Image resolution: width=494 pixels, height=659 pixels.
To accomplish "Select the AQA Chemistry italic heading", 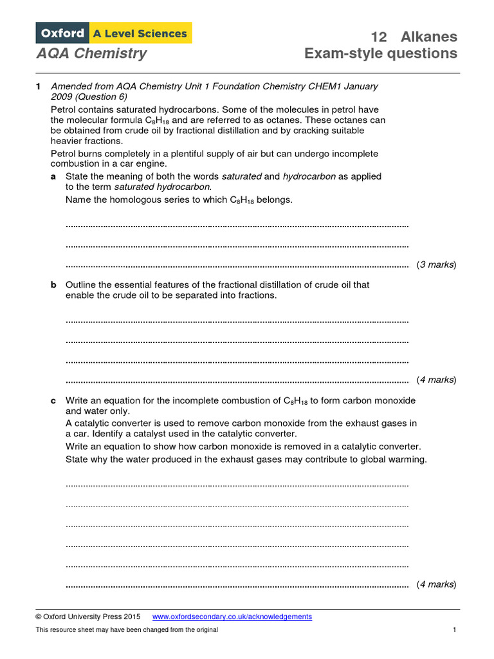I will tap(91, 53).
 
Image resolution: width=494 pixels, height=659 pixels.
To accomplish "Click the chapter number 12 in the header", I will tap(379, 37).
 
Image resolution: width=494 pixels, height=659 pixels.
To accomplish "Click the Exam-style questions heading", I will tap(381, 53).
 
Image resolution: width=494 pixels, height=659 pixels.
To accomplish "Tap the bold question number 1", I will tap(38, 86).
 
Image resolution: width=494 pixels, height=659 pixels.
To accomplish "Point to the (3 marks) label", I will tap(436, 265).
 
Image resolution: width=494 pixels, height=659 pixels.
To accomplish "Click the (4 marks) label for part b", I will tap(436, 380).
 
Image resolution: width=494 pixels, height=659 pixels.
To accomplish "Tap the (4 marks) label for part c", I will tap(436, 584).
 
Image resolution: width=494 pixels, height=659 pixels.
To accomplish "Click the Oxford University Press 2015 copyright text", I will tap(87, 617).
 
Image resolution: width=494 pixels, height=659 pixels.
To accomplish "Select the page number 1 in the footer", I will tap(453, 629).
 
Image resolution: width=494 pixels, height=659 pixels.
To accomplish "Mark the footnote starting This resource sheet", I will tap(127, 629).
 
